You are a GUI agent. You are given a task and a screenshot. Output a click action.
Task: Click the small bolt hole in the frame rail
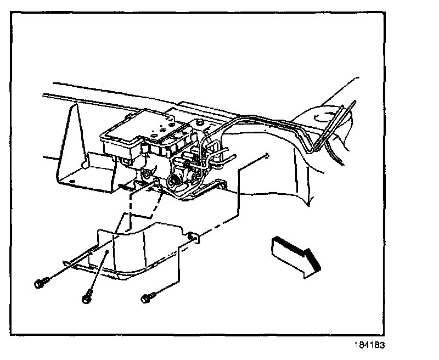point(266,156)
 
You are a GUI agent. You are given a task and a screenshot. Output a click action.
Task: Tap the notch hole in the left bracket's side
point(83,162)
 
